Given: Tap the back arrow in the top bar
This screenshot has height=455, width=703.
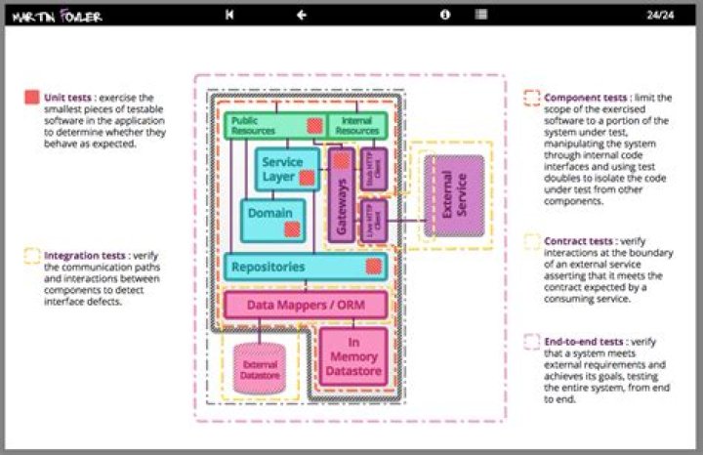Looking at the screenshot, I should coord(302,15).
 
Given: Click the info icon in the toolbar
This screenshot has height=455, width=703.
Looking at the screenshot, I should coord(445,15).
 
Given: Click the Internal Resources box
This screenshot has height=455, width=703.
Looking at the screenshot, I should coord(357,126).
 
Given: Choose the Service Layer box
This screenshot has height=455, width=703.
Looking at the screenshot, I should coord(283,168).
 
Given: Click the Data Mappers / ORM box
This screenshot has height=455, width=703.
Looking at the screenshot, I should coord(306,305).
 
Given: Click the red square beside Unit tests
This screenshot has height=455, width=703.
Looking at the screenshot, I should coord(32,98).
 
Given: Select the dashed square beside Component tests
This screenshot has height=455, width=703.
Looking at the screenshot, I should coord(531,98).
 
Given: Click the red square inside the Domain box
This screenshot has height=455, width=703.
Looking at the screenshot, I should coord(291,229).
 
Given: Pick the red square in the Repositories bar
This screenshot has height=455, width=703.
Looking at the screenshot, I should coord(372,267).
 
